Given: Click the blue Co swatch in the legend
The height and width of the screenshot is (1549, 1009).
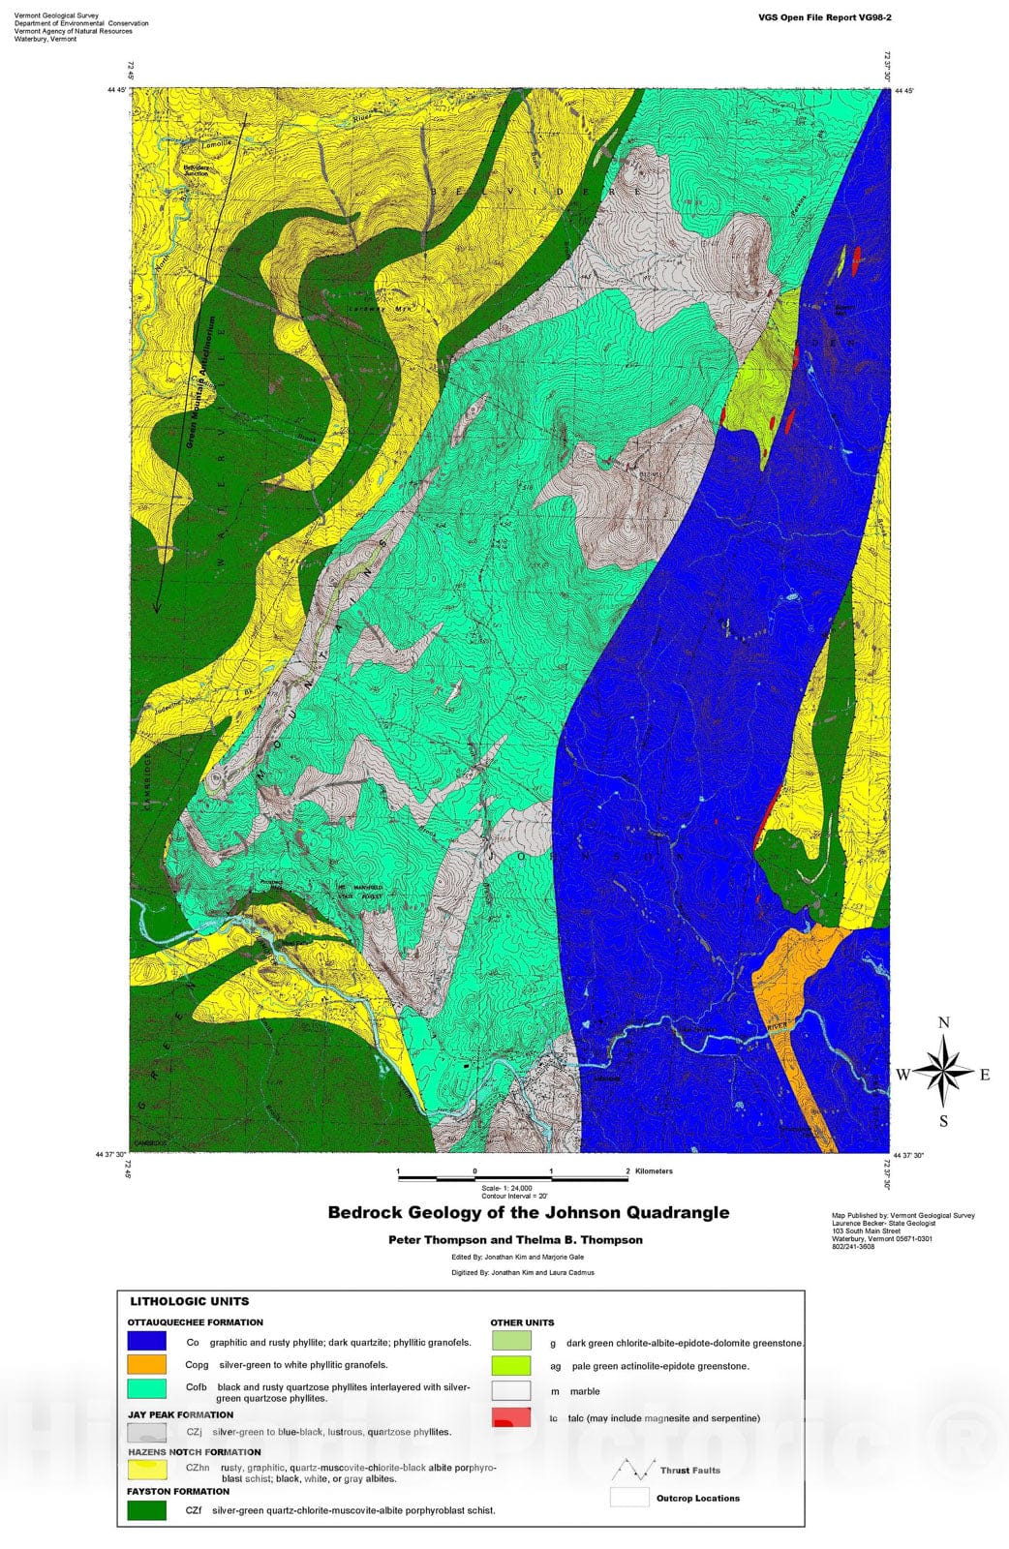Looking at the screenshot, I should (x=146, y=1342).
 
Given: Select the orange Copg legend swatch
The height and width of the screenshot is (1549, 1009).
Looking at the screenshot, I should (x=146, y=1365).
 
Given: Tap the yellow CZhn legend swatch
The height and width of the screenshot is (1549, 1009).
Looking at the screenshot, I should (x=146, y=1471).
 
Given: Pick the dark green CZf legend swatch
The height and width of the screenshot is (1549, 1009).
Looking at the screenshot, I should (x=146, y=1509).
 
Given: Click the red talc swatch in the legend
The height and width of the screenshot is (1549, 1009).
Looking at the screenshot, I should (x=510, y=1418).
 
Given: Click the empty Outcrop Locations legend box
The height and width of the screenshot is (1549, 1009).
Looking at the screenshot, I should (x=629, y=1498).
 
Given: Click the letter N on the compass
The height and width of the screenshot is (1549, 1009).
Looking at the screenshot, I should (x=944, y=1022).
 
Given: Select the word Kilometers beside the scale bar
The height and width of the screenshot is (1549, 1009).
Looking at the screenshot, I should (x=654, y=1171).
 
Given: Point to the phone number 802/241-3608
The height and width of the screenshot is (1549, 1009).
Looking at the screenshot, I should (x=852, y=1247).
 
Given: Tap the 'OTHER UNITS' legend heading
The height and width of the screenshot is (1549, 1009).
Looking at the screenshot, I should (x=522, y=1322).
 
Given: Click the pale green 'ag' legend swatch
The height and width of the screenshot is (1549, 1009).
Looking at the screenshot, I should (x=510, y=1366).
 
